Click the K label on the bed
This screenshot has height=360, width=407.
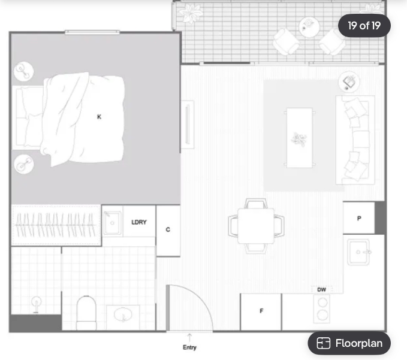(x=99, y=117)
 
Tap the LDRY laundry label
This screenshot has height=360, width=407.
(x=139, y=222)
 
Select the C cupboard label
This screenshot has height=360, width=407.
(x=168, y=229)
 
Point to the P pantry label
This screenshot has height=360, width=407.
(x=359, y=219)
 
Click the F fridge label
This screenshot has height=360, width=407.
(x=261, y=311)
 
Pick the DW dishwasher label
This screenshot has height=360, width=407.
(x=321, y=289)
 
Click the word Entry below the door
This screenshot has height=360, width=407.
(x=189, y=347)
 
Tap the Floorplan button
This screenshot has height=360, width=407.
(x=349, y=343)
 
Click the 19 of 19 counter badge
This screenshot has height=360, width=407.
(x=364, y=26)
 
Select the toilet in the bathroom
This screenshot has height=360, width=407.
(x=86, y=313)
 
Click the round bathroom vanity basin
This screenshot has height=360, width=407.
(x=123, y=314)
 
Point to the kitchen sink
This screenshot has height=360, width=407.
(x=358, y=252)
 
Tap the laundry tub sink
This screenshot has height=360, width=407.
(x=113, y=223)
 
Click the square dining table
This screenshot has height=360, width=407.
(x=256, y=226)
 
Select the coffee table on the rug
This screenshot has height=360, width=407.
(x=299, y=138)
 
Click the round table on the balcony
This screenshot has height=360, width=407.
(x=309, y=27)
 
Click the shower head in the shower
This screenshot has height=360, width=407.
(x=36, y=304)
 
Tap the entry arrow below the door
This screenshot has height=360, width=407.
(x=189, y=338)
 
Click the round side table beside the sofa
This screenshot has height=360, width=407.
(x=349, y=81)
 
